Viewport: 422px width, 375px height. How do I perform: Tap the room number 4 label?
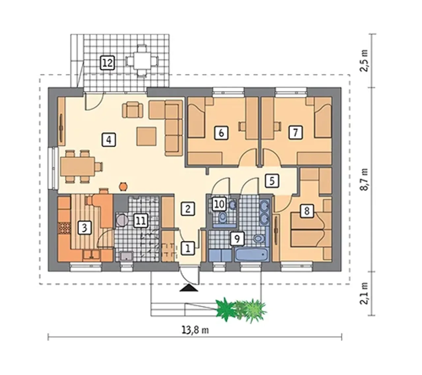pyautogui.click(x=108, y=140)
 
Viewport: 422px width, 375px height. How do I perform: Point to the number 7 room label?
pyautogui.click(x=295, y=132)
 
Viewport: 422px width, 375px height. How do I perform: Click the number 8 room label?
pyautogui.click(x=307, y=211)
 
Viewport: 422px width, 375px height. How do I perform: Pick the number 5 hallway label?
pyautogui.click(x=272, y=181)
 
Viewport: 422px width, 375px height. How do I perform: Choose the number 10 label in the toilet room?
pyautogui.click(x=220, y=203)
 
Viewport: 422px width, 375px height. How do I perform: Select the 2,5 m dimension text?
pyautogui.click(x=364, y=60)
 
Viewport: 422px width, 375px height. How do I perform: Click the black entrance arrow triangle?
pyautogui.click(x=189, y=288)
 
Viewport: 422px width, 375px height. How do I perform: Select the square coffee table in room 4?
pyautogui.click(x=146, y=136)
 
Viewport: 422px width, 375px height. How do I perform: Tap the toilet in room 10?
pyautogui.click(x=223, y=217)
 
